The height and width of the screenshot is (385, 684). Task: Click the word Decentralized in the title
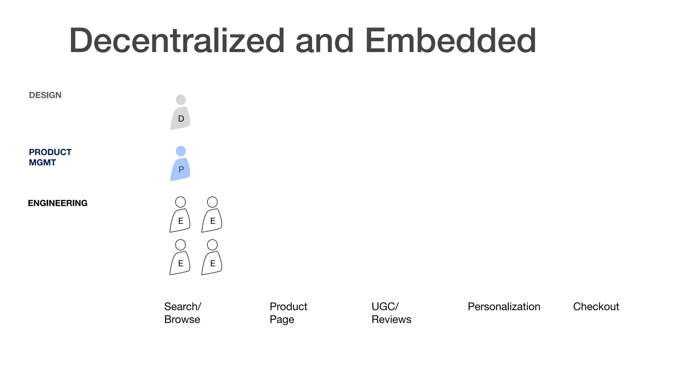point(177,40)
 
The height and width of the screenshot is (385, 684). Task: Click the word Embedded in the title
point(451,40)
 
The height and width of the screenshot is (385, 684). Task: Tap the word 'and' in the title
point(324,41)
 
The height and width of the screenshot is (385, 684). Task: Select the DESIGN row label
point(45,95)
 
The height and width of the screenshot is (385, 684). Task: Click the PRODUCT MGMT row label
point(50,157)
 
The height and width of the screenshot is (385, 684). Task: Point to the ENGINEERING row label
point(57,203)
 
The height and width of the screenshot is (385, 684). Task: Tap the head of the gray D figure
point(181,100)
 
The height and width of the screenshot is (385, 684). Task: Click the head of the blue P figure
point(181,151)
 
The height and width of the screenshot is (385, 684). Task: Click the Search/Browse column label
point(182,313)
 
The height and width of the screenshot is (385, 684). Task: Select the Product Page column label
point(288,313)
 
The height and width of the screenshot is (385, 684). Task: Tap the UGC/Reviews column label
point(391,313)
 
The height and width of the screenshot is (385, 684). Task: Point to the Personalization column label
point(504,306)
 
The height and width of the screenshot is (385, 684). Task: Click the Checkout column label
point(596,306)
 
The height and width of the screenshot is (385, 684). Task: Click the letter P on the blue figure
point(181,170)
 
